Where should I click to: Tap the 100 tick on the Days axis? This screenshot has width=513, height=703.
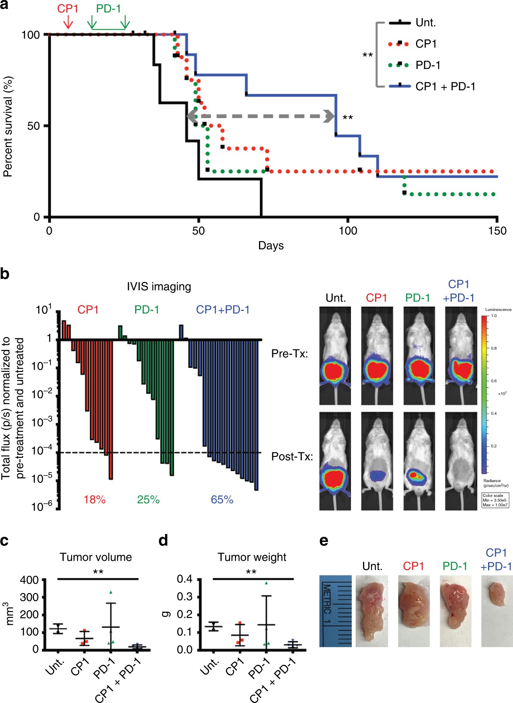click(x=347, y=231)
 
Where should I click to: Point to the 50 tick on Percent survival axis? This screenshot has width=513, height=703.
click(x=34, y=126)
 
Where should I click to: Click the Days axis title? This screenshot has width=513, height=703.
click(x=271, y=246)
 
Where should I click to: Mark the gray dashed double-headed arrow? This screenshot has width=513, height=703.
click(x=261, y=116)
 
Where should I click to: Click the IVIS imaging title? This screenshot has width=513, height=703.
click(x=159, y=287)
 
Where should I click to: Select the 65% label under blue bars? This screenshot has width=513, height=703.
click(x=222, y=500)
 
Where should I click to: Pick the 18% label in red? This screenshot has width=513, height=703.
click(x=95, y=500)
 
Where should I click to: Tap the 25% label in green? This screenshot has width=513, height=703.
click(x=148, y=500)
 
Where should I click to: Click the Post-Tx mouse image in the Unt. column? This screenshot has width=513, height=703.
click(x=335, y=461)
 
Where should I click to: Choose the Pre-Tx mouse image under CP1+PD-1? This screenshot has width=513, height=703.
click(x=461, y=355)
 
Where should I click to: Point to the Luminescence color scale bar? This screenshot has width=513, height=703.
click(x=484, y=394)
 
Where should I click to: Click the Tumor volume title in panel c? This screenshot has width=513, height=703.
click(x=96, y=557)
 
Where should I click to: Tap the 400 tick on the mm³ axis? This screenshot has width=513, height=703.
click(x=29, y=580)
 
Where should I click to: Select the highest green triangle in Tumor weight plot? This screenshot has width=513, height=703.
click(x=266, y=583)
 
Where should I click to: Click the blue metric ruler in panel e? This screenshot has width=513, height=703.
click(x=335, y=611)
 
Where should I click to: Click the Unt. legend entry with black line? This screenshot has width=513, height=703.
click(x=425, y=23)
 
